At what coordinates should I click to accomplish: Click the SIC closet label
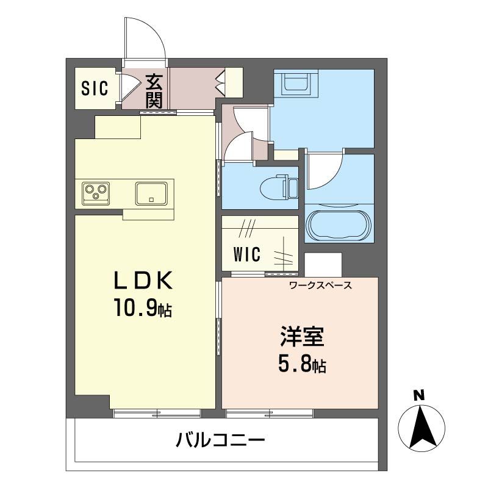[95, 88]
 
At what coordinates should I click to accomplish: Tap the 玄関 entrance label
[154, 91]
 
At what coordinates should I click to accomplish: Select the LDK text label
[143, 281]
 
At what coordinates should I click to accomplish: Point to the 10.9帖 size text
[143, 307]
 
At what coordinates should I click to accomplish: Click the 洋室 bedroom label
[302, 337]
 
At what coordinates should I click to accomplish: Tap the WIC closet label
[247, 254]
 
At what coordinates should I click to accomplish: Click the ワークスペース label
[321, 285]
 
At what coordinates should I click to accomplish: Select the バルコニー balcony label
[220, 440]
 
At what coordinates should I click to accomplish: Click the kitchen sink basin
[151, 193]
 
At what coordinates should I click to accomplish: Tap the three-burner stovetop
[96, 193]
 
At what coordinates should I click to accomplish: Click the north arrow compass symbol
[422, 428]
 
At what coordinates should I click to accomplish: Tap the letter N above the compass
[419, 396]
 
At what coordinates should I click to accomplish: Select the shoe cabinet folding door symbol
[220, 82]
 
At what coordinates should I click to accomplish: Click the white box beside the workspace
[323, 264]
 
